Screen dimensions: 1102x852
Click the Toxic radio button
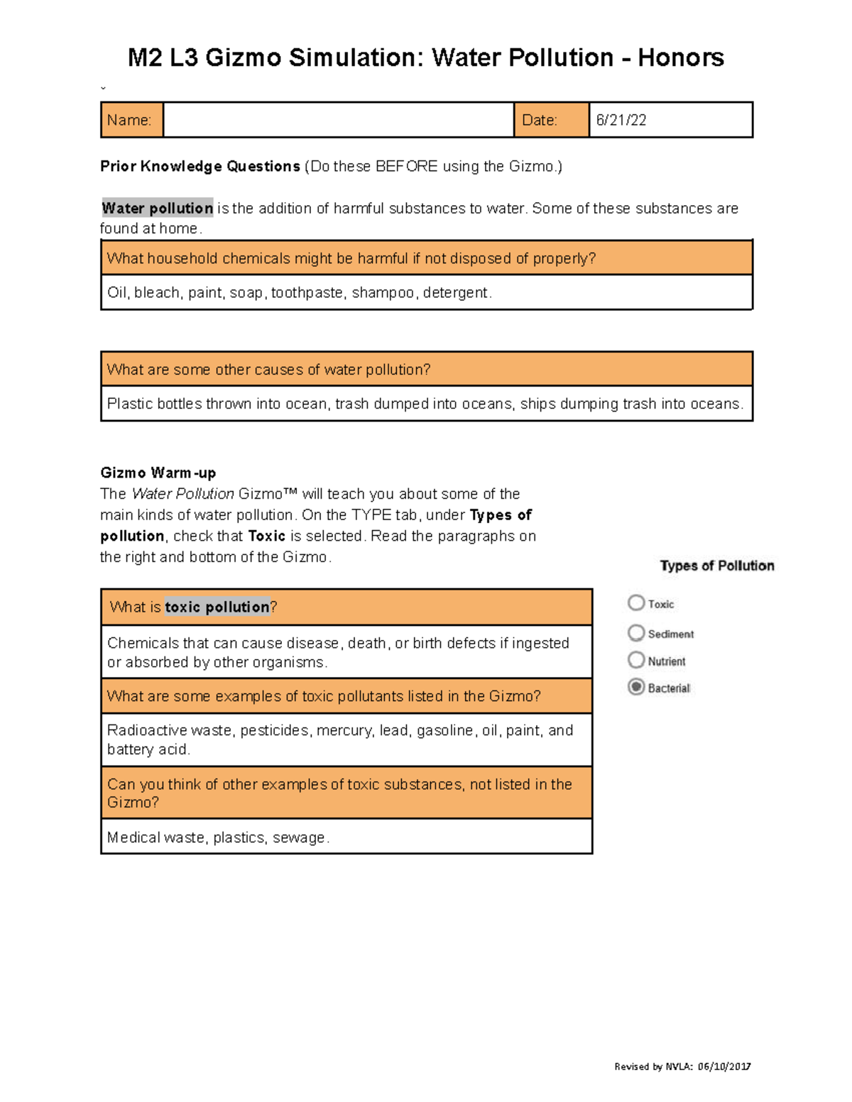[x=636, y=602]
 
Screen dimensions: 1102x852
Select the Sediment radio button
[x=636, y=632]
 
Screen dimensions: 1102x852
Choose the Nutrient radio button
[x=636, y=660]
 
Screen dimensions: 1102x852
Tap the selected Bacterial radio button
[x=636, y=687]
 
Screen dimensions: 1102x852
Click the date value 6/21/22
[x=621, y=120]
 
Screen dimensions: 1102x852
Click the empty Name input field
[x=338, y=120]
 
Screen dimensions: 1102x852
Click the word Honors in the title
[x=680, y=57]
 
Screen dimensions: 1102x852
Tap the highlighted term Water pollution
[x=157, y=208]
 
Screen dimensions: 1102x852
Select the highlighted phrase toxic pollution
[x=217, y=607]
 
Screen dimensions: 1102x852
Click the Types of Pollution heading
[x=716, y=566]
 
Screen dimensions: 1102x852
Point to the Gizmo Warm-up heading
[x=158, y=473]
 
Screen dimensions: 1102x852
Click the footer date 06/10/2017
[x=723, y=1066]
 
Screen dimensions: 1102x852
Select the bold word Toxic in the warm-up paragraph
[x=266, y=536]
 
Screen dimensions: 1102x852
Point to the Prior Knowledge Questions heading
[x=200, y=166]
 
